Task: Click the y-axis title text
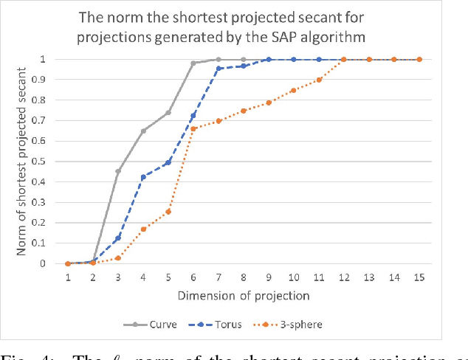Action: (23, 161)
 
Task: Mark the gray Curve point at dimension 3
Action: (118, 171)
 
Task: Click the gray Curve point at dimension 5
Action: (168, 112)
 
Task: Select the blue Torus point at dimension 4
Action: (143, 177)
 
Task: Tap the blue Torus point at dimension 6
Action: (193, 115)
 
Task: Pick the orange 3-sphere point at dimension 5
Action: (168, 211)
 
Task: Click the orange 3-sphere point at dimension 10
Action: (293, 90)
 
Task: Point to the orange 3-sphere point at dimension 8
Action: (244, 111)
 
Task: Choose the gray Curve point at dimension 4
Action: (143, 131)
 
